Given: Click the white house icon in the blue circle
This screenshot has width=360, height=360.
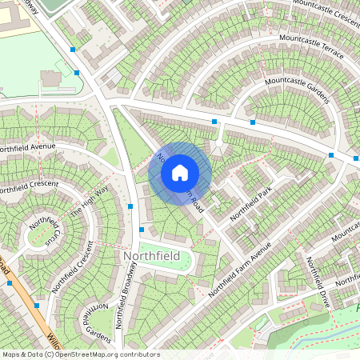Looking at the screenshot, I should click(x=180, y=172).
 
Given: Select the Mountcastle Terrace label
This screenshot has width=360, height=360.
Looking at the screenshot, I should click(x=311, y=46).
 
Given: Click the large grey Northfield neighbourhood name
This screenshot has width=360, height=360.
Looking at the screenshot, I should click(x=151, y=255).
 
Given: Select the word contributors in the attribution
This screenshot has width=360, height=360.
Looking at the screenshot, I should click(x=140, y=354).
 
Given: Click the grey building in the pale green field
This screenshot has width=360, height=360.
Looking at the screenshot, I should click(x=50, y=78).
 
